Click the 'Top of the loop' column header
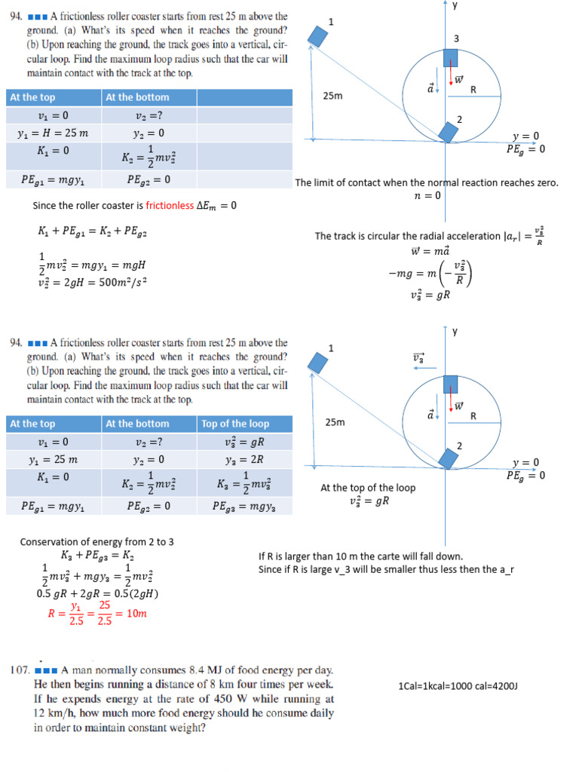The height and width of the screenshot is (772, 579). tap(235, 424)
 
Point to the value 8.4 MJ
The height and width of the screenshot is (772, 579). tap(214, 669)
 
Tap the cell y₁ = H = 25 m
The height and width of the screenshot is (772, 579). tap(53, 133)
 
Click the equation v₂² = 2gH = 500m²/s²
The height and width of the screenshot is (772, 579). tap(92, 283)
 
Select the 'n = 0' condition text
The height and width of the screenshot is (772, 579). tap(427, 196)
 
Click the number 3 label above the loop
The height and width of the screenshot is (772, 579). tap(456, 38)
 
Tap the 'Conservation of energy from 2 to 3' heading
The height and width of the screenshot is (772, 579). tap(97, 541)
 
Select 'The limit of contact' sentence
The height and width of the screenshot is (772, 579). tap(427, 183)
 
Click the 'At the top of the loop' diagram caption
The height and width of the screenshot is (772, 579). tap(368, 488)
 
